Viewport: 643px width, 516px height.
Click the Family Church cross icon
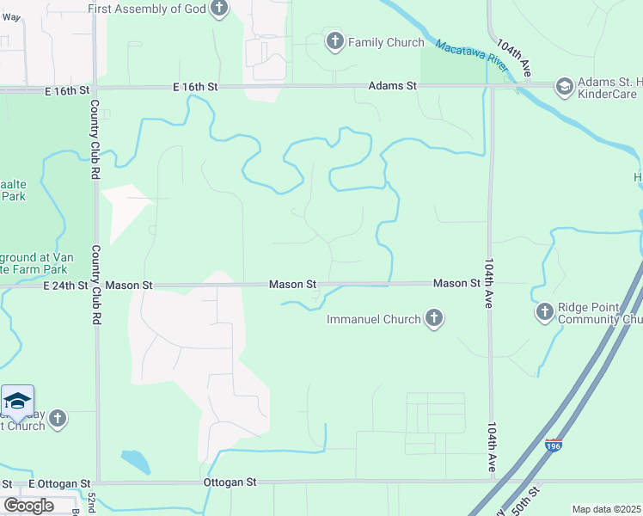point(334,40)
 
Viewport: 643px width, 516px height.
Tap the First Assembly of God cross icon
point(219,9)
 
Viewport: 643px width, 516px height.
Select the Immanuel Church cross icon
point(434,319)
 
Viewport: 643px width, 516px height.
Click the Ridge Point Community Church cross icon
point(543,312)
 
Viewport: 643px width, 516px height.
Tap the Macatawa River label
point(468,57)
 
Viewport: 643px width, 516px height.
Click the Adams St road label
point(392,86)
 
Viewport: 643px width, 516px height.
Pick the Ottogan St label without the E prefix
point(230,483)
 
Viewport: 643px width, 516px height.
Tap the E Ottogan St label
point(59,483)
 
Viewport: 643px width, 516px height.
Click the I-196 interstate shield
point(554,445)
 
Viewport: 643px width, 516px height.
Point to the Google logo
point(28,505)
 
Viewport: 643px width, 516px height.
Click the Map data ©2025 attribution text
point(606,509)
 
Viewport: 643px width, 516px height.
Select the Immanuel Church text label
point(374,320)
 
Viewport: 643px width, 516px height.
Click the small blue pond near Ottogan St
point(136,461)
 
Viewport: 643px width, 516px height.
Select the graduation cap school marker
point(17,401)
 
